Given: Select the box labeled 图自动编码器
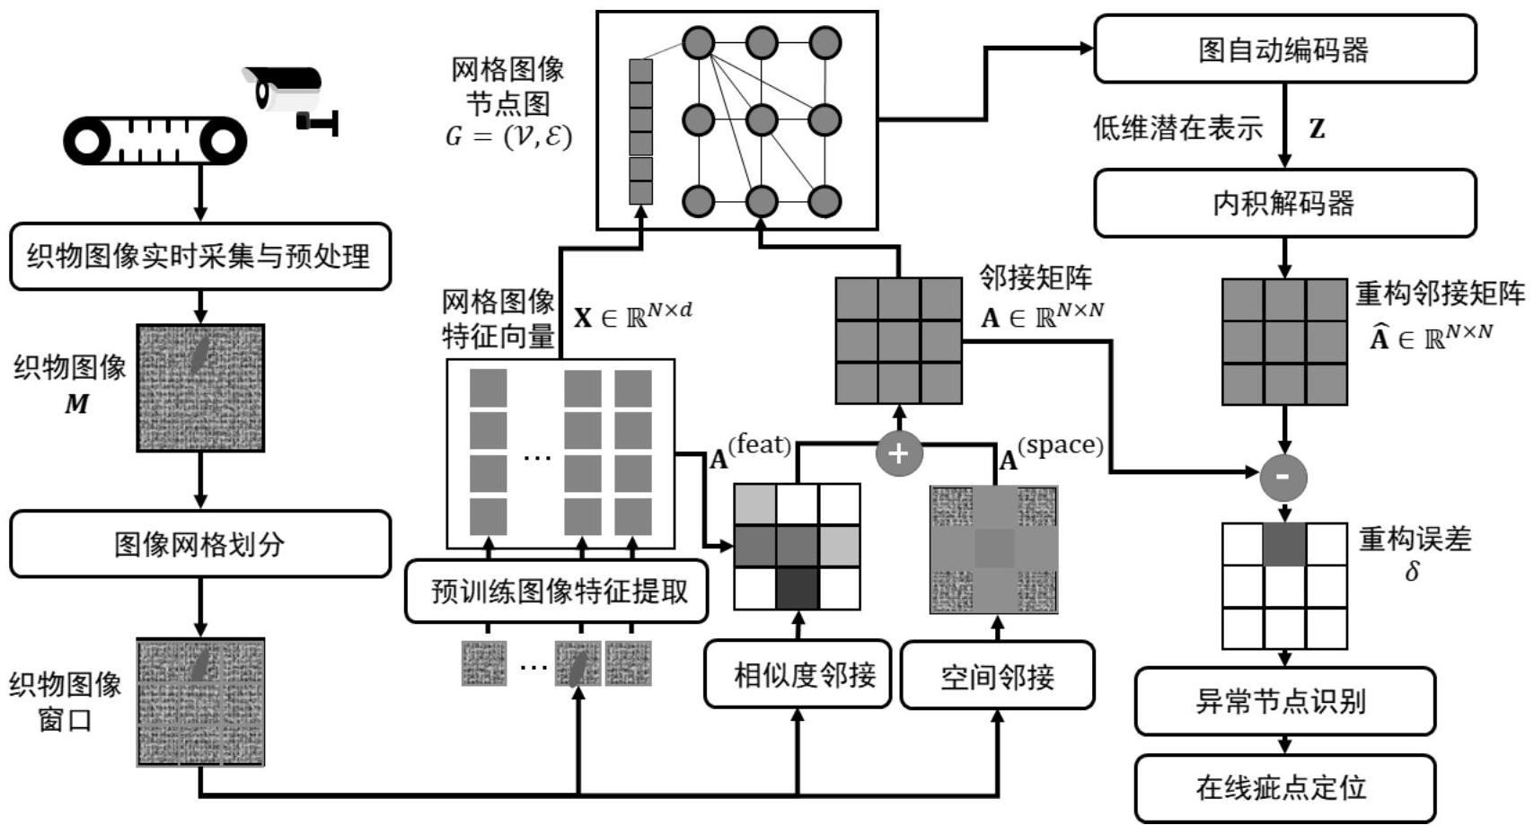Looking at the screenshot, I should click(x=1284, y=49).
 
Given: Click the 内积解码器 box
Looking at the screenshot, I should click(x=1284, y=204).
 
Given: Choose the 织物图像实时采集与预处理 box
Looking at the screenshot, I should click(x=200, y=257).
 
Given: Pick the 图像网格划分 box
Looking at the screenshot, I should click(x=200, y=544).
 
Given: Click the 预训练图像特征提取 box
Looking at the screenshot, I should click(x=557, y=591).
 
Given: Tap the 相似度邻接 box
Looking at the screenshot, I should click(x=798, y=674).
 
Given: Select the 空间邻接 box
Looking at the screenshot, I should click(x=997, y=675).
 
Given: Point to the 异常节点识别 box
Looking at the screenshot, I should click(x=1284, y=701).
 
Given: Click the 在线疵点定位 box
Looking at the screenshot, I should click(x=1284, y=787).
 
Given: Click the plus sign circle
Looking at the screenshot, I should click(x=898, y=452).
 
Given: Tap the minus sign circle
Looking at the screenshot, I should click(x=1283, y=477).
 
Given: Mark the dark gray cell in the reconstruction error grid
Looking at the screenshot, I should click(x=1284, y=545).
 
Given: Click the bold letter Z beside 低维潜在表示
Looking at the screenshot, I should click(x=1317, y=129).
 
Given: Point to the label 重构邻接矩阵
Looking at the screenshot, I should click(x=1440, y=294).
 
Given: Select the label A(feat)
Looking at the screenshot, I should click(x=750, y=452).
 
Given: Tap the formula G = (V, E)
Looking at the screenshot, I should click(x=508, y=136).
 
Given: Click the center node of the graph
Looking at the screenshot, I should click(x=761, y=119).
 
